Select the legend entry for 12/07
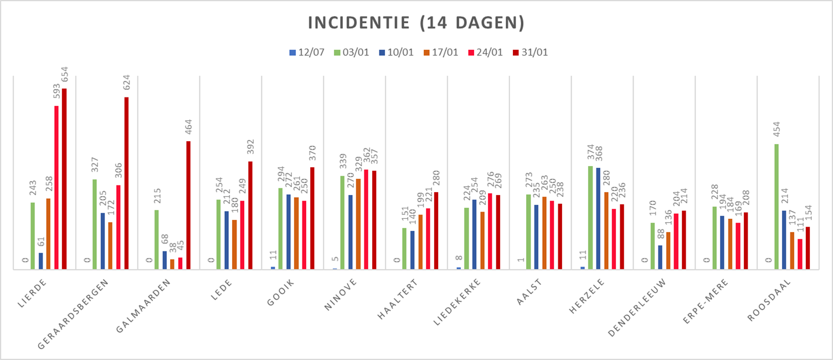(307, 53)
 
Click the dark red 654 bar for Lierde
(64, 178)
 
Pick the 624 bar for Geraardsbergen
(126, 183)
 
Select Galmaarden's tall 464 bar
(188, 205)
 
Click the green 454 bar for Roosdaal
(777, 206)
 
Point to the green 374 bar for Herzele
(590, 217)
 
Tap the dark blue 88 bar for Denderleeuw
(660, 257)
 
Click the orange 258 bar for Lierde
(49, 234)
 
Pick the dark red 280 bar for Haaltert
(436, 230)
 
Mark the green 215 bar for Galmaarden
(157, 239)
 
